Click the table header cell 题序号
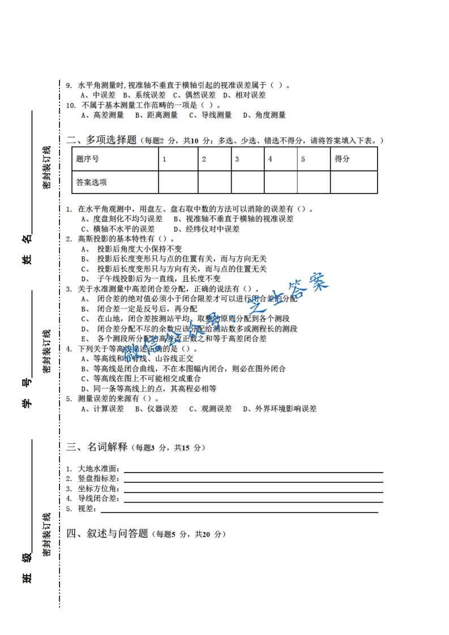(88, 159)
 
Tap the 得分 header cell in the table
(342, 159)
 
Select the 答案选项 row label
(92, 182)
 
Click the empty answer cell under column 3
(247, 182)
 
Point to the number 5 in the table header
(303, 159)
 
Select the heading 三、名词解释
(97, 447)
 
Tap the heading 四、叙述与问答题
(107, 533)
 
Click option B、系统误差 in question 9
(144, 95)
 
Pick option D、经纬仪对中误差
(206, 229)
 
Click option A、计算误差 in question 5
(102, 409)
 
